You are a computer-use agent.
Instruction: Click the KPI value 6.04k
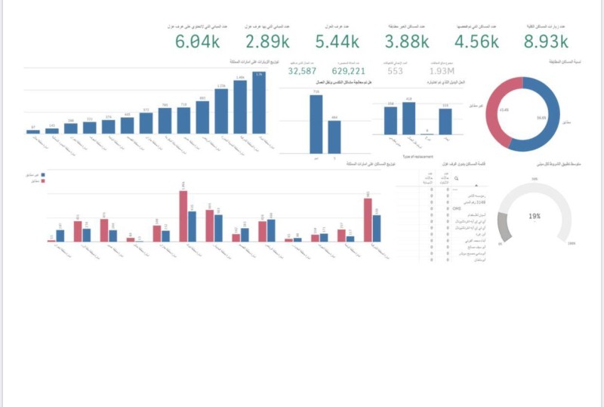tap(196, 42)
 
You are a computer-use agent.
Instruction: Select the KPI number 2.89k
tap(268, 42)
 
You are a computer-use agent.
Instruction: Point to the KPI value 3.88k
tap(406, 42)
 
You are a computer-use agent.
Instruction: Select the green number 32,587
tap(302, 71)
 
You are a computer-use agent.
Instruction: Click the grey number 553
tap(395, 71)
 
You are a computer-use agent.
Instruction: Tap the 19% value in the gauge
tap(535, 216)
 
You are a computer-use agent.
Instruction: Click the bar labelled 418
tap(408, 119)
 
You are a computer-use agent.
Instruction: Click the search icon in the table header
tap(456, 180)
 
